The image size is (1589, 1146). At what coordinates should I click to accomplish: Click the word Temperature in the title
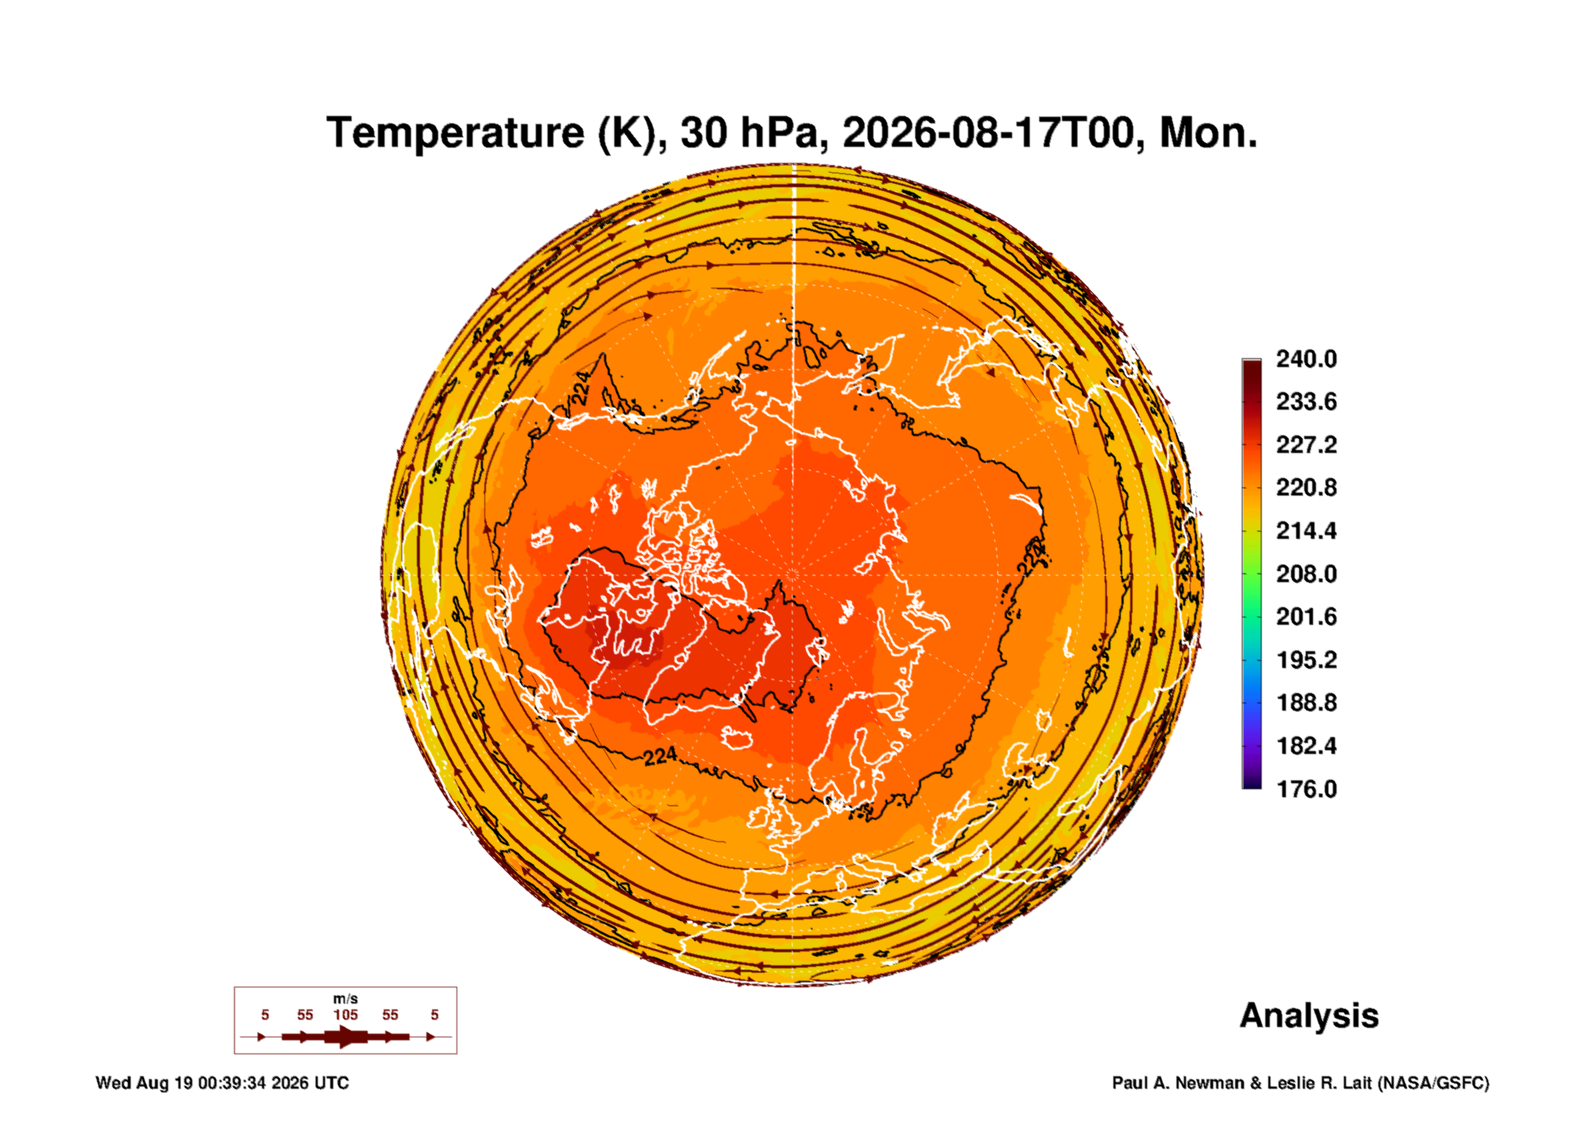click(456, 134)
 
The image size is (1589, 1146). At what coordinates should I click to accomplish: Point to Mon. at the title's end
click(1208, 134)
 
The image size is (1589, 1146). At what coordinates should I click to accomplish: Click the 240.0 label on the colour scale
click(1306, 359)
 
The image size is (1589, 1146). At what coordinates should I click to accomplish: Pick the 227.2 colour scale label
click(1306, 445)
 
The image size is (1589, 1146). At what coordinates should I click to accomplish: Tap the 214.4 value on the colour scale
click(1306, 531)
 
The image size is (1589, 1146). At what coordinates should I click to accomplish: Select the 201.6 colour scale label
click(1306, 617)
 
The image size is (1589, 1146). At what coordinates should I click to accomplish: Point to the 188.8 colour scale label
click(1306, 703)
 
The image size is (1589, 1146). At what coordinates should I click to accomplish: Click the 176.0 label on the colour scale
click(1306, 789)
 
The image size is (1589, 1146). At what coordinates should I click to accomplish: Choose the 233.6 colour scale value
click(1306, 402)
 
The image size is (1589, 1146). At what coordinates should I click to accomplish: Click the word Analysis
click(1309, 1016)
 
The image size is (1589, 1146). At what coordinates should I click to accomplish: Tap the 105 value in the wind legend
click(346, 1015)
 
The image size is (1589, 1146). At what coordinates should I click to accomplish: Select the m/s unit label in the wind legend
click(346, 999)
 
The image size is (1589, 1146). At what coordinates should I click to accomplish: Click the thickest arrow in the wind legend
click(346, 1037)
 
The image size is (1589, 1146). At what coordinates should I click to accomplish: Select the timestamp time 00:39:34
click(232, 1084)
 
